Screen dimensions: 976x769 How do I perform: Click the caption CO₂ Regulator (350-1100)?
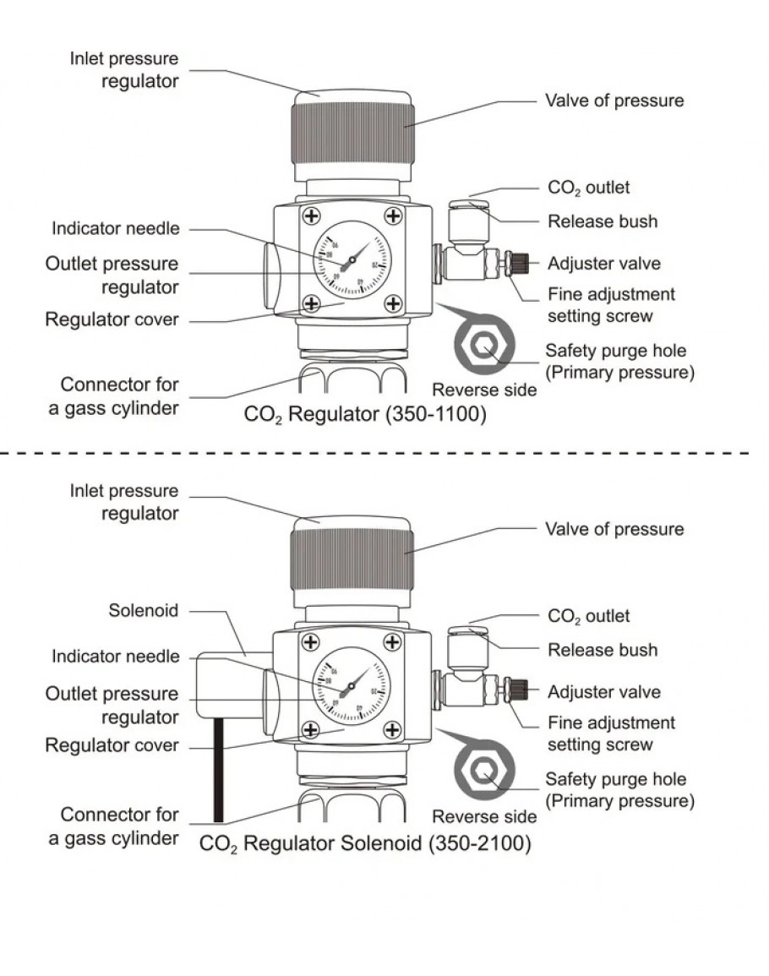coord(364,415)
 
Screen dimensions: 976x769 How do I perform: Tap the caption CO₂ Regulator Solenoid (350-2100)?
coord(364,843)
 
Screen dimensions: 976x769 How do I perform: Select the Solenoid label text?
coord(144,609)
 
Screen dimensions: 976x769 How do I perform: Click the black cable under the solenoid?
coord(218,769)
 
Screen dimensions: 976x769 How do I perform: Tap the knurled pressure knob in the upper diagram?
coord(352,135)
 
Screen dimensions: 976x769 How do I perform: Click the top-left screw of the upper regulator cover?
coord(312,216)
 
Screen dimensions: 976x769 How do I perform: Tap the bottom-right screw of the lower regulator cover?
coord(393,729)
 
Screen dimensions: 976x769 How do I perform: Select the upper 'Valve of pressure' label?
coord(614,101)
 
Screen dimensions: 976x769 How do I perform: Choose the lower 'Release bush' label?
coord(602,650)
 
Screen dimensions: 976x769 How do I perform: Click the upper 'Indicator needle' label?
coord(115,228)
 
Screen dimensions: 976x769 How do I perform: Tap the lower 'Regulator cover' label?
coord(112,745)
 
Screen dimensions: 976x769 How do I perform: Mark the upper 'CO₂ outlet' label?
coord(588,188)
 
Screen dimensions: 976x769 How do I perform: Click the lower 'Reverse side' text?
coord(484,817)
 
